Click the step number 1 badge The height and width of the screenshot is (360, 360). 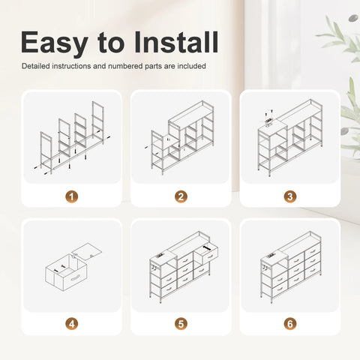click(72, 196)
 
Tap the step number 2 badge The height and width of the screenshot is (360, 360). click(181, 196)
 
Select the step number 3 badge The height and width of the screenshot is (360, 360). click(290, 196)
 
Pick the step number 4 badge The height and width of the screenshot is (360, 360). click(72, 324)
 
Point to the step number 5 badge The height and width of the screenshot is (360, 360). click(181, 324)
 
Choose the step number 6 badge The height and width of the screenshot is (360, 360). click(290, 324)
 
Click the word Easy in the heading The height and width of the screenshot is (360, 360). click(54, 43)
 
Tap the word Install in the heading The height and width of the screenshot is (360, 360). click(176, 42)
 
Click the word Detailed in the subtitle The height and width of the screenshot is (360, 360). click(36, 66)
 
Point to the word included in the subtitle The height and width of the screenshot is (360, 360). click(191, 66)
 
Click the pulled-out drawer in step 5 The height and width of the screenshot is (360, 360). click(206, 253)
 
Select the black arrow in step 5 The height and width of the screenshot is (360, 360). click(207, 248)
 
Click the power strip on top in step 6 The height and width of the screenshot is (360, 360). click(270, 256)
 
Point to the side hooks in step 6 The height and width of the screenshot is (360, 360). click(265, 268)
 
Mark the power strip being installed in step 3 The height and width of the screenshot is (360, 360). click(268, 121)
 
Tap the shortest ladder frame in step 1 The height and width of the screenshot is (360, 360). click(46, 152)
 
